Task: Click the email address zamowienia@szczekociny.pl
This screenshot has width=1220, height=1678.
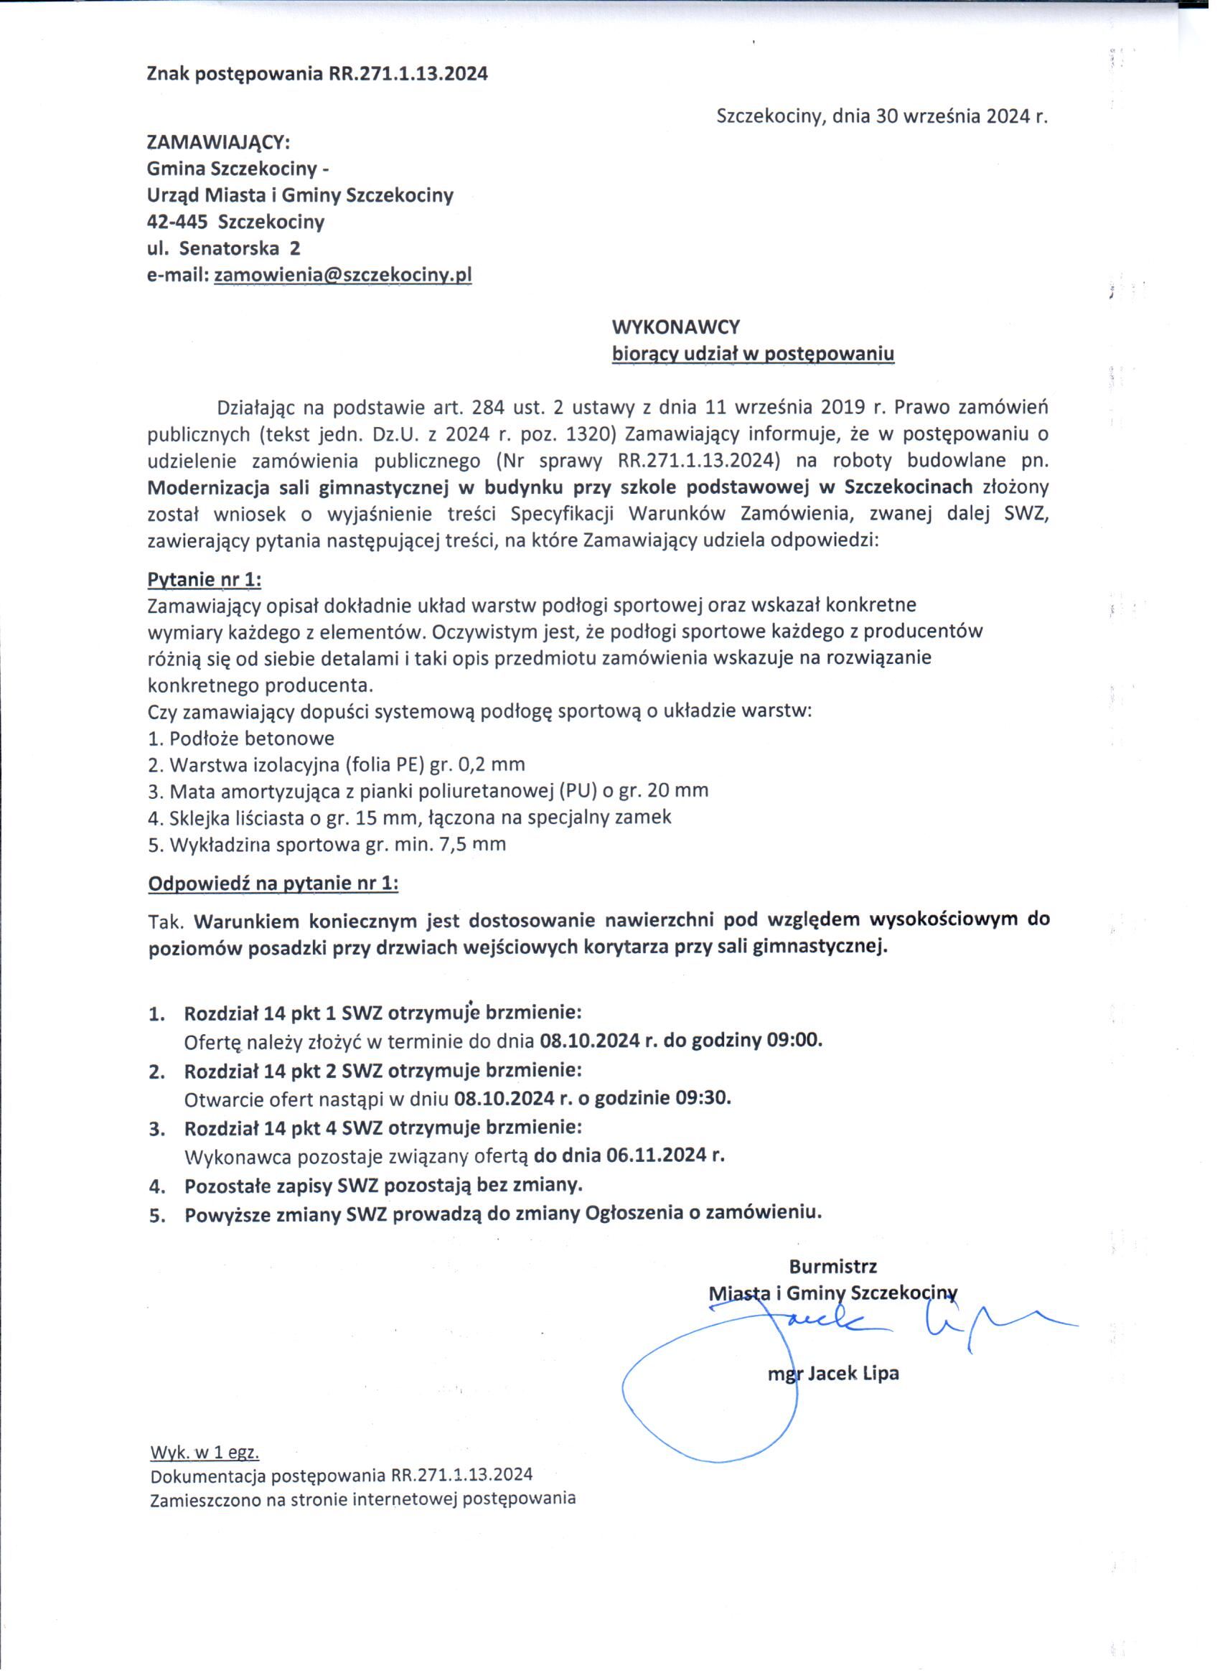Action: click(342, 275)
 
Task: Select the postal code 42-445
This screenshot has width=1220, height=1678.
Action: click(177, 222)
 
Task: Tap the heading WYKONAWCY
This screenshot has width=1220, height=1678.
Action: click(675, 327)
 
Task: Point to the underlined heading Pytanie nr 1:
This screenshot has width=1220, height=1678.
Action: click(205, 578)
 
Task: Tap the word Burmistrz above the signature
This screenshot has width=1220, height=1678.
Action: click(832, 1266)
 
